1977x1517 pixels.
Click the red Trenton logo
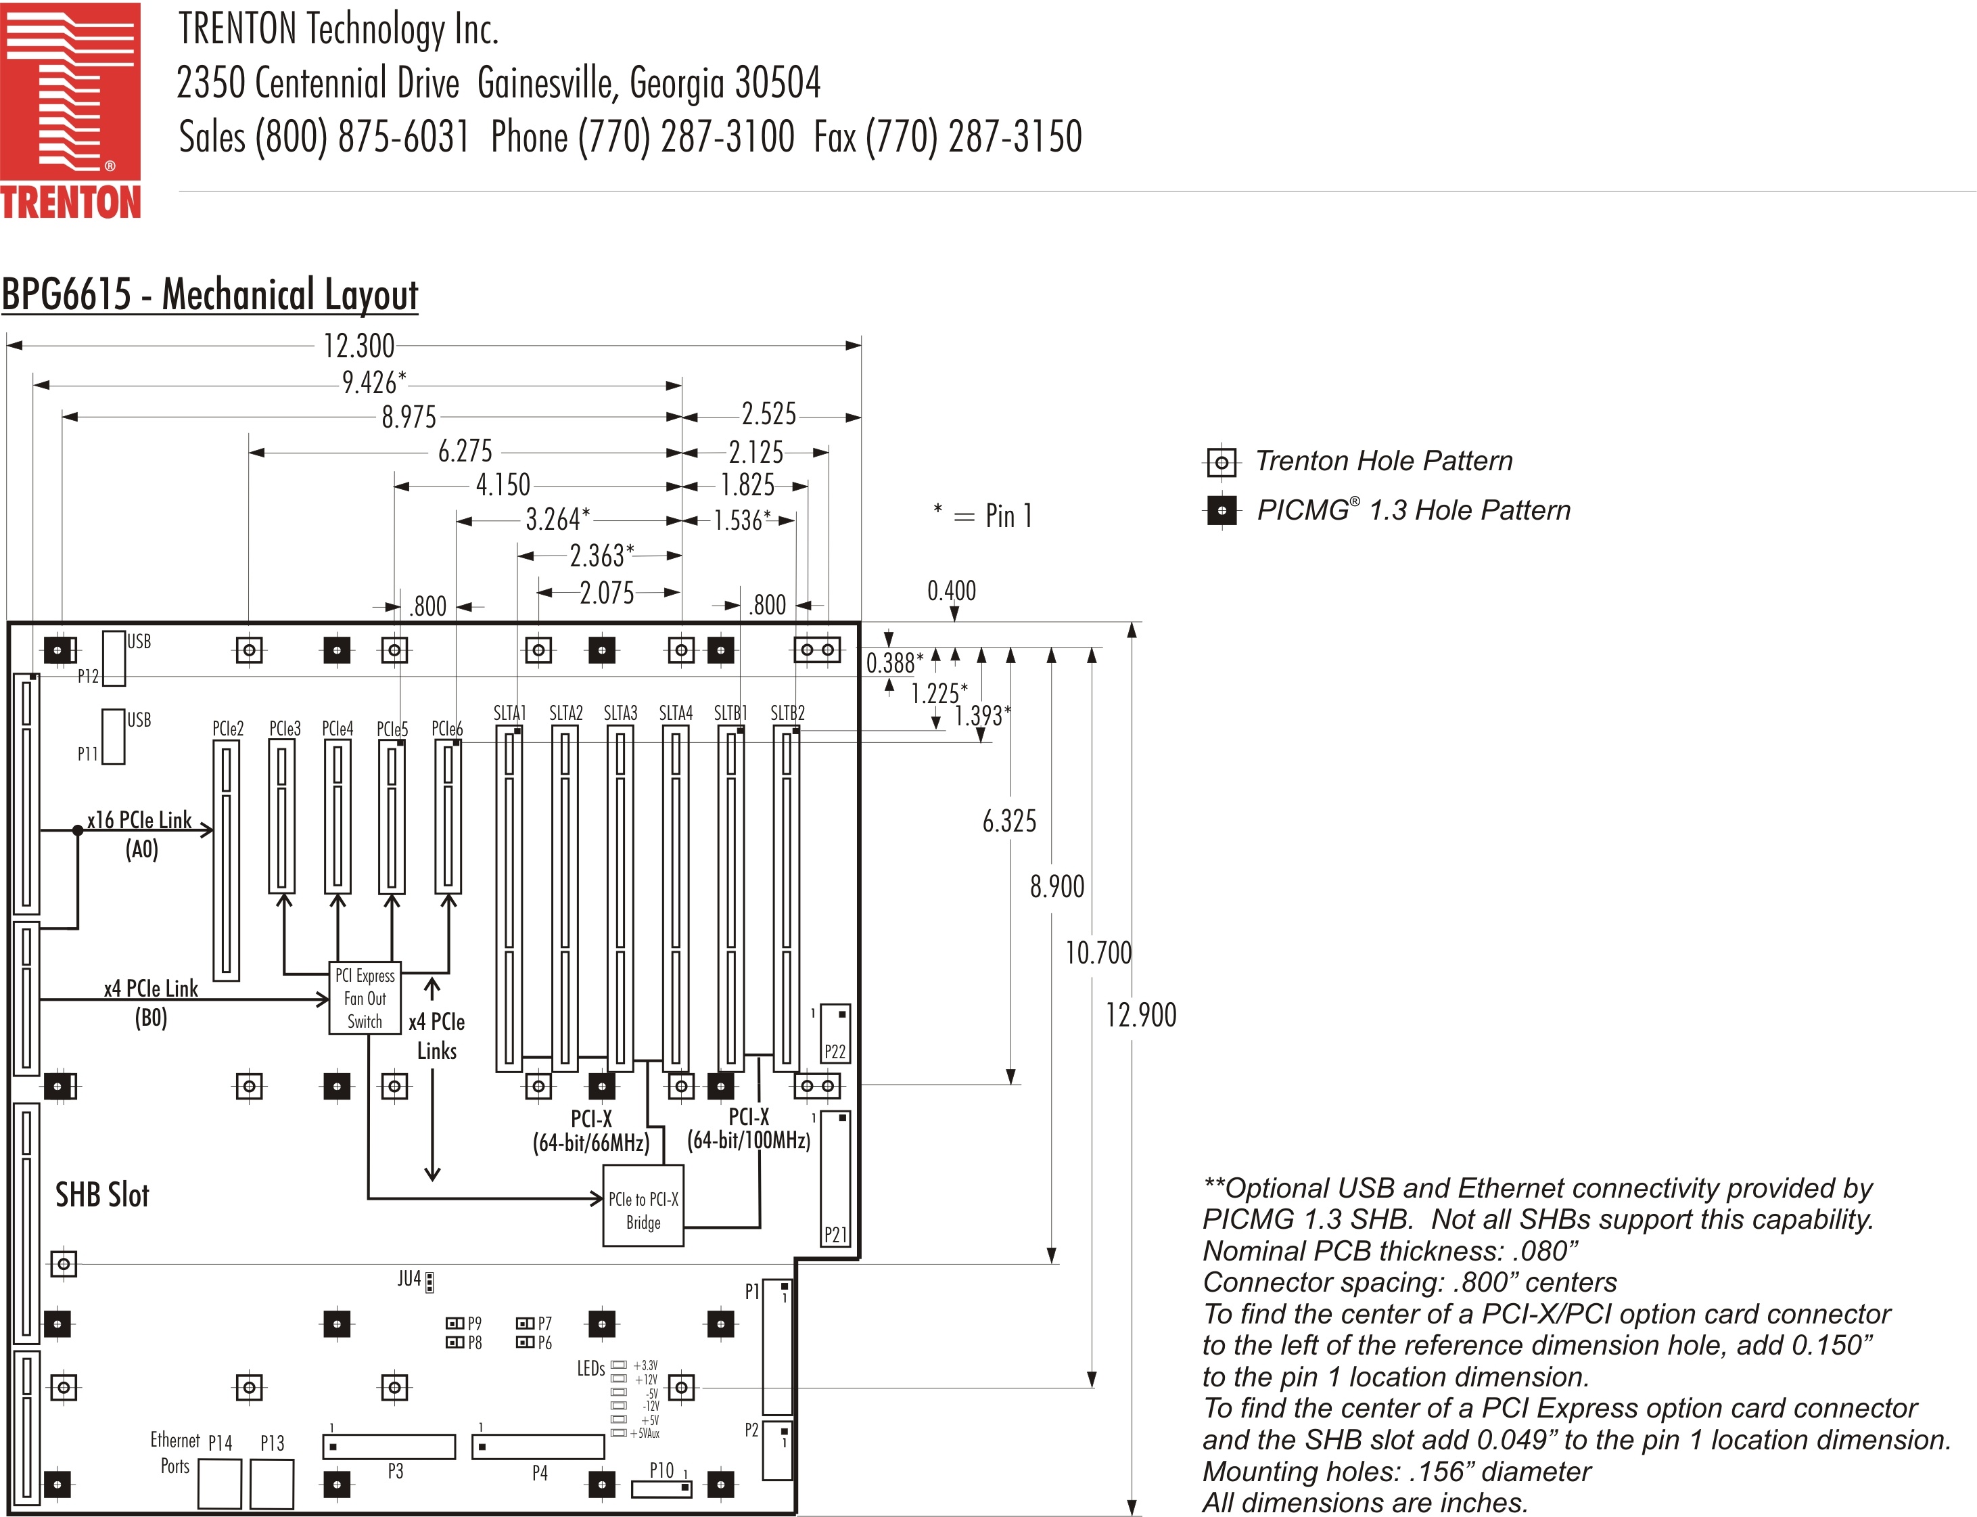70,110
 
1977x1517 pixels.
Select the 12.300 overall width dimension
358,346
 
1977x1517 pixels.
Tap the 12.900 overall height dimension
1141,1015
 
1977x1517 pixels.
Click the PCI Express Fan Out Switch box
365,999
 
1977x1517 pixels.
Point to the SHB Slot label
102,1195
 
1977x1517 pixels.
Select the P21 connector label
835,1234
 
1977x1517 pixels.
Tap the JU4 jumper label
409,1279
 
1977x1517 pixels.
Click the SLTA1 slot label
509,713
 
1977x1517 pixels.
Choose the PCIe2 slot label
227,729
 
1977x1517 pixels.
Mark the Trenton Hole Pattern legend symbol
1222,462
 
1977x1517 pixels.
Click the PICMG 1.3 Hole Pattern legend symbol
1222,511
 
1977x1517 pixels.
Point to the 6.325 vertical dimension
1009,821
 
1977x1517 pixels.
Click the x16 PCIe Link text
139,820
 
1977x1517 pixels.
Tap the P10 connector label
661,1470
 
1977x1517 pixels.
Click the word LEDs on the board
590,1369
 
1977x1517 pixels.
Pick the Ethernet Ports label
175,1453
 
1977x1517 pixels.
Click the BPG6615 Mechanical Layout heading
210,294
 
